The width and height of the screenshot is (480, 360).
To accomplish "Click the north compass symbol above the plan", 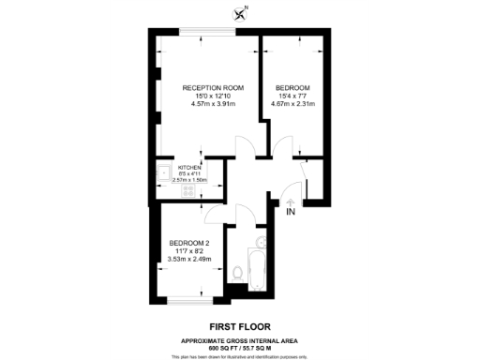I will [242, 12].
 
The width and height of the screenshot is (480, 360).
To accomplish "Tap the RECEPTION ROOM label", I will [213, 87].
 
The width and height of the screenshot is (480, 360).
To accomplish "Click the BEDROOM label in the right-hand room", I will [292, 87].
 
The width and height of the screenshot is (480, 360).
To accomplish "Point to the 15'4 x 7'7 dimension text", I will [292, 96].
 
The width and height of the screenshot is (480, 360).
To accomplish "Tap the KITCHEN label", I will [190, 166].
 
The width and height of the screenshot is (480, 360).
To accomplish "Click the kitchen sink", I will [163, 172].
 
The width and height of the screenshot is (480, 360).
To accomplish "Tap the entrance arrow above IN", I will [291, 201].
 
